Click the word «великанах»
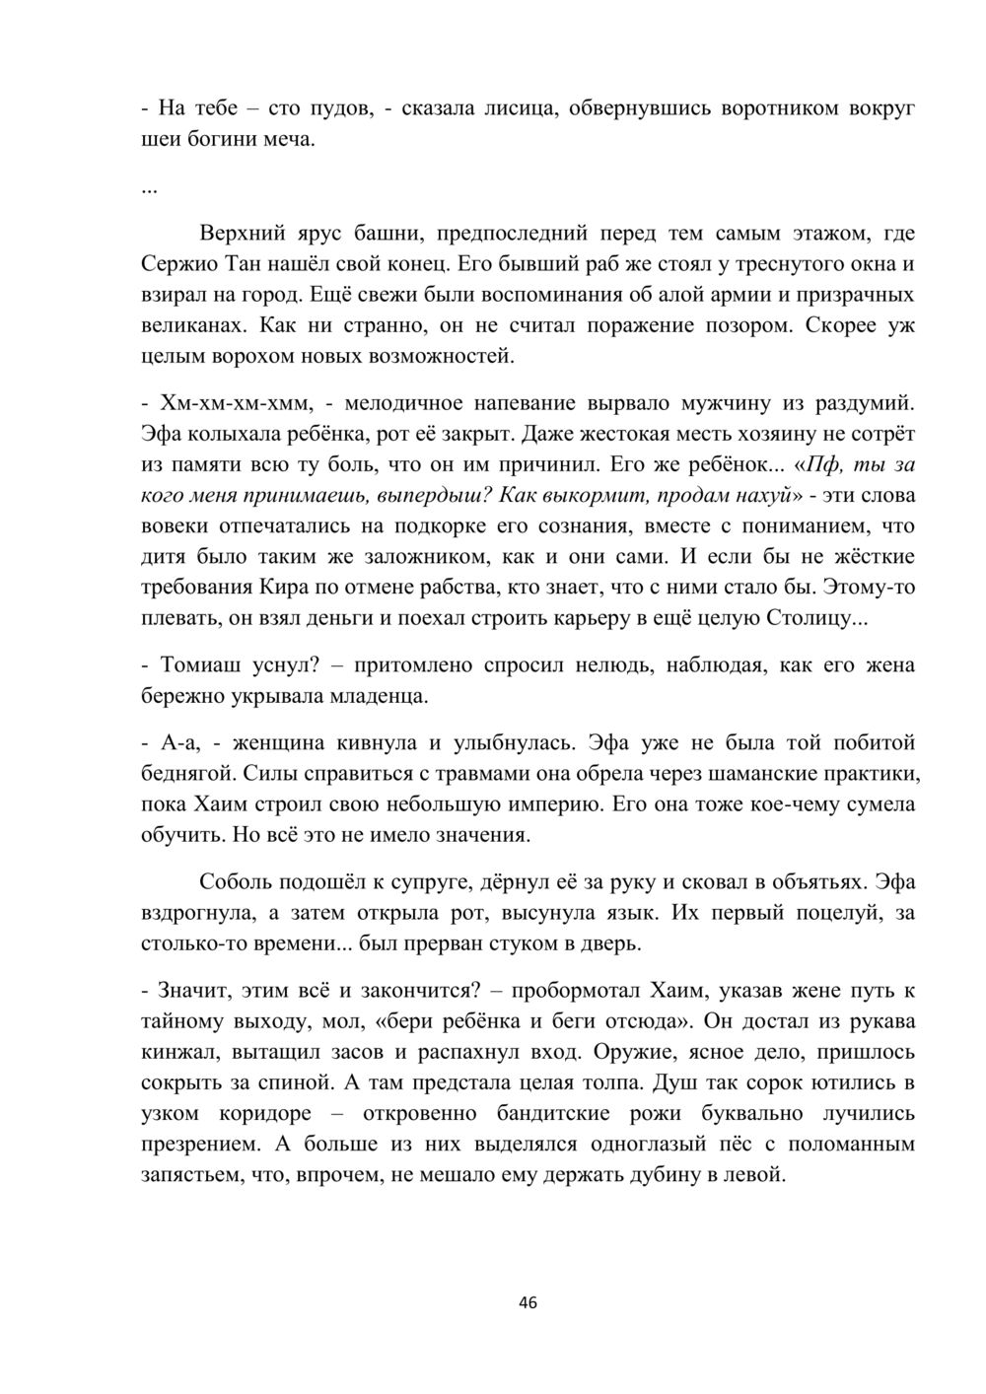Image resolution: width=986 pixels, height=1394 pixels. pyautogui.click(x=186, y=324)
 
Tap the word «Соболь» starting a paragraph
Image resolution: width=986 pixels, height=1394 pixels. pyautogui.click(x=237, y=881)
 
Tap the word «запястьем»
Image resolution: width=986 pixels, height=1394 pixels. pyautogui.click(x=192, y=1175)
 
